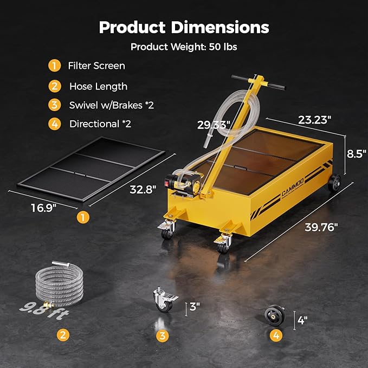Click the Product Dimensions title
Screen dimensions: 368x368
[x=184, y=27]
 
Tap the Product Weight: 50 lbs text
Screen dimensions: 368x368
[x=184, y=47]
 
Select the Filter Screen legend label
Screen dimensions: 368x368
[x=96, y=66]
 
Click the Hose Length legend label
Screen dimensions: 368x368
[x=98, y=86]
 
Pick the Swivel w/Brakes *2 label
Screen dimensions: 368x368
[x=111, y=105]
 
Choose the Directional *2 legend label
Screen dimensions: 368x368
[x=100, y=124]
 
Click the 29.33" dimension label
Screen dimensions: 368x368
[x=214, y=124]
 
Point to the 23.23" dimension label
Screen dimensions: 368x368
[x=315, y=120]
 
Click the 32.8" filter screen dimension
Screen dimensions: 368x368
[x=143, y=189]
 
